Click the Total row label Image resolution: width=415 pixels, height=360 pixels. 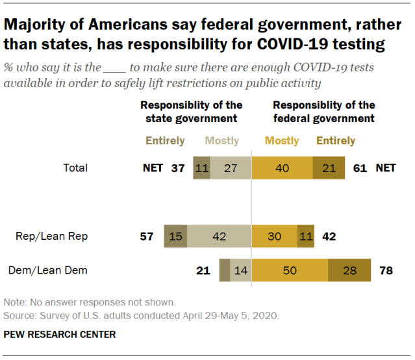point(75,168)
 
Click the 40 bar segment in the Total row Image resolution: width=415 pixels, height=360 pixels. point(282,168)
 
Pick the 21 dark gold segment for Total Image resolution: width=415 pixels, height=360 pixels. point(329,168)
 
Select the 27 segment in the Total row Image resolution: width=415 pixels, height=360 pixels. point(231,168)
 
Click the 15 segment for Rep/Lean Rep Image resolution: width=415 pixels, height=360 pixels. point(175,237)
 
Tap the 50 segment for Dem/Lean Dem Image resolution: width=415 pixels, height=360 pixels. point(290,270)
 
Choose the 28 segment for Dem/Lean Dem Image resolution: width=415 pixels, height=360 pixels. point(349,270)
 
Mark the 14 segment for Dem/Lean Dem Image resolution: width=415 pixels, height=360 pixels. point(240,270)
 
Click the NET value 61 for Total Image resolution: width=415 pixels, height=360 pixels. point(359,168)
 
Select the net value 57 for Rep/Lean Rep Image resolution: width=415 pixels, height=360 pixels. point(147,237)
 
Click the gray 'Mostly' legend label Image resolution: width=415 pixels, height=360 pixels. point(222,140)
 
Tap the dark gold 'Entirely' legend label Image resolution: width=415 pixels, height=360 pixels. point(335,140)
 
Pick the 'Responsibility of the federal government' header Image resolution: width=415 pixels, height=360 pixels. point(323,112)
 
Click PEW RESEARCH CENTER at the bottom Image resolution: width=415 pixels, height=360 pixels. point(59,335)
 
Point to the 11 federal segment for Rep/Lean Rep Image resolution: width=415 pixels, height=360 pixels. point(305,237)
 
